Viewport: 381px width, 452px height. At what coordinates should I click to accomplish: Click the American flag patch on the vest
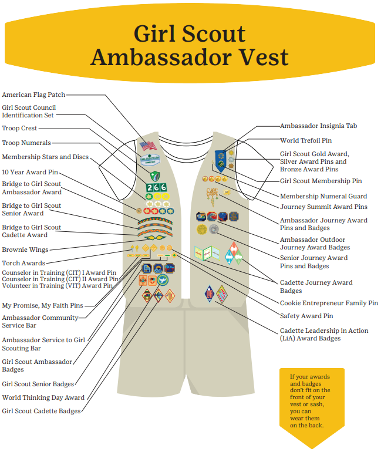click(147, 146)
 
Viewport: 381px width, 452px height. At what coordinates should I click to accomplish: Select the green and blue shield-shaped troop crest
click(154, 176)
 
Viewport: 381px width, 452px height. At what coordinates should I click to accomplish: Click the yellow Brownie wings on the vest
click(156, 238)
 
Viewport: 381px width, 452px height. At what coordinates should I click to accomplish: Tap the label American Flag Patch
click(33, 95)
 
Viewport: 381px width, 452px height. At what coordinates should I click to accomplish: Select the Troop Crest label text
click(19, 128)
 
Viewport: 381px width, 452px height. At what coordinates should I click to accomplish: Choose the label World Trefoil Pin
click(306, 141)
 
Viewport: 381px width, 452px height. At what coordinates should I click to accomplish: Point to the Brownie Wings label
click(25, 249)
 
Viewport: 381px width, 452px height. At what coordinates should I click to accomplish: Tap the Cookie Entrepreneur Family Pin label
click(329, 303)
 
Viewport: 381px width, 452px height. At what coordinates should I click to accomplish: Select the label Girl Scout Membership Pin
click(321, 181)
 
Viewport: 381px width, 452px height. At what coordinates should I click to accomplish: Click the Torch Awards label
click(23, 263)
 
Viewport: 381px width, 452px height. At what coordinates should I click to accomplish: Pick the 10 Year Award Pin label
click(30, 172)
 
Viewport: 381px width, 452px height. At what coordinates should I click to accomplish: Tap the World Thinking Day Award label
click(43, 397)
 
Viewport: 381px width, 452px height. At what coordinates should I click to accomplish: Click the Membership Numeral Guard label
click(323, 196)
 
